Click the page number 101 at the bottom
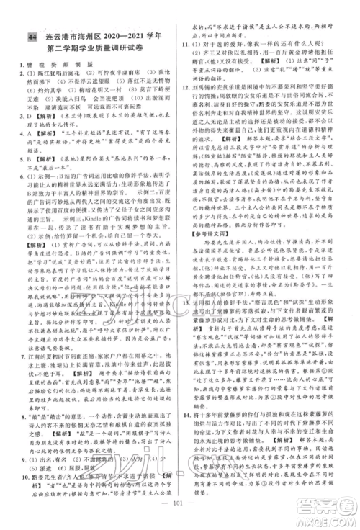coord(180,516)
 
